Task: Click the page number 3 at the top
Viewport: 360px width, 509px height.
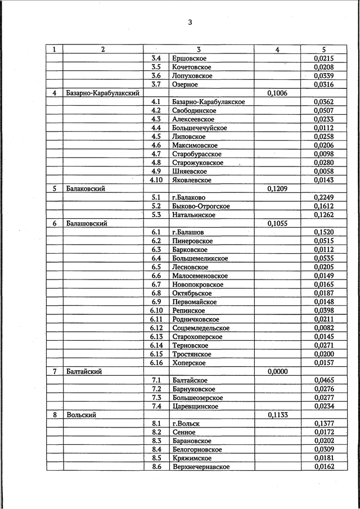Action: (x=190, y=22)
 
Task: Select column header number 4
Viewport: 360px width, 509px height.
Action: (x=277, y=49)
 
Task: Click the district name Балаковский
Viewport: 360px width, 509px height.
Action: (x=85, y=188)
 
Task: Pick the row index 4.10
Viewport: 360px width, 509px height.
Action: (x=156, y=180)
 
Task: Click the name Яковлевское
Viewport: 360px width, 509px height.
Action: (x=192, y=180)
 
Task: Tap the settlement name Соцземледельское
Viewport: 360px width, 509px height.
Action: (x=201, y=328)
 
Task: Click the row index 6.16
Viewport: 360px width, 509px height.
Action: (x=156, y=363)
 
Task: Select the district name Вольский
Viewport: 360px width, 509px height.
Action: (x=81, y=415)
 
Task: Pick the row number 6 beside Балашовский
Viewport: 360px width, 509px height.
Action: (x=55, y=223)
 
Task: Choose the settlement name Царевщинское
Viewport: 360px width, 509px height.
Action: (x=195, y=406)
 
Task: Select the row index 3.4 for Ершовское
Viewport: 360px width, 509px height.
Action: (x=156, y=58)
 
